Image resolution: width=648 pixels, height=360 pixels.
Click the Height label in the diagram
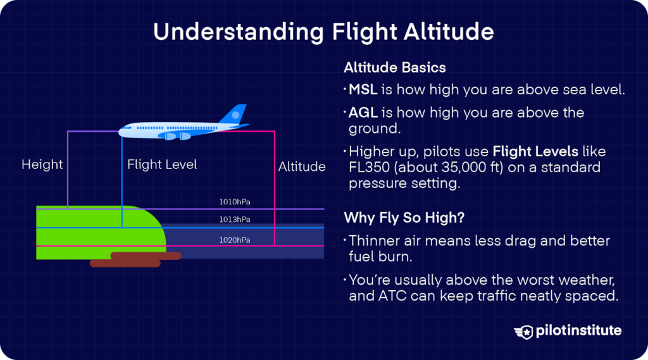pos(42,164)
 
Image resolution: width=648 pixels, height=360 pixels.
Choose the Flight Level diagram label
pos(162,164)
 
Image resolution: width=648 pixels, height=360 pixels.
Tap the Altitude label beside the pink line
pos(302,167)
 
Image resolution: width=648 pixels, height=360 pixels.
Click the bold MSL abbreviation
pos(363,90)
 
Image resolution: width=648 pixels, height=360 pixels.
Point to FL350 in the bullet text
pos(369,168)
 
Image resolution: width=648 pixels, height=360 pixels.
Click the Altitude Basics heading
pos(395,67)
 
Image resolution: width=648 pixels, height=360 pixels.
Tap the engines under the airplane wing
pos(174,135)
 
